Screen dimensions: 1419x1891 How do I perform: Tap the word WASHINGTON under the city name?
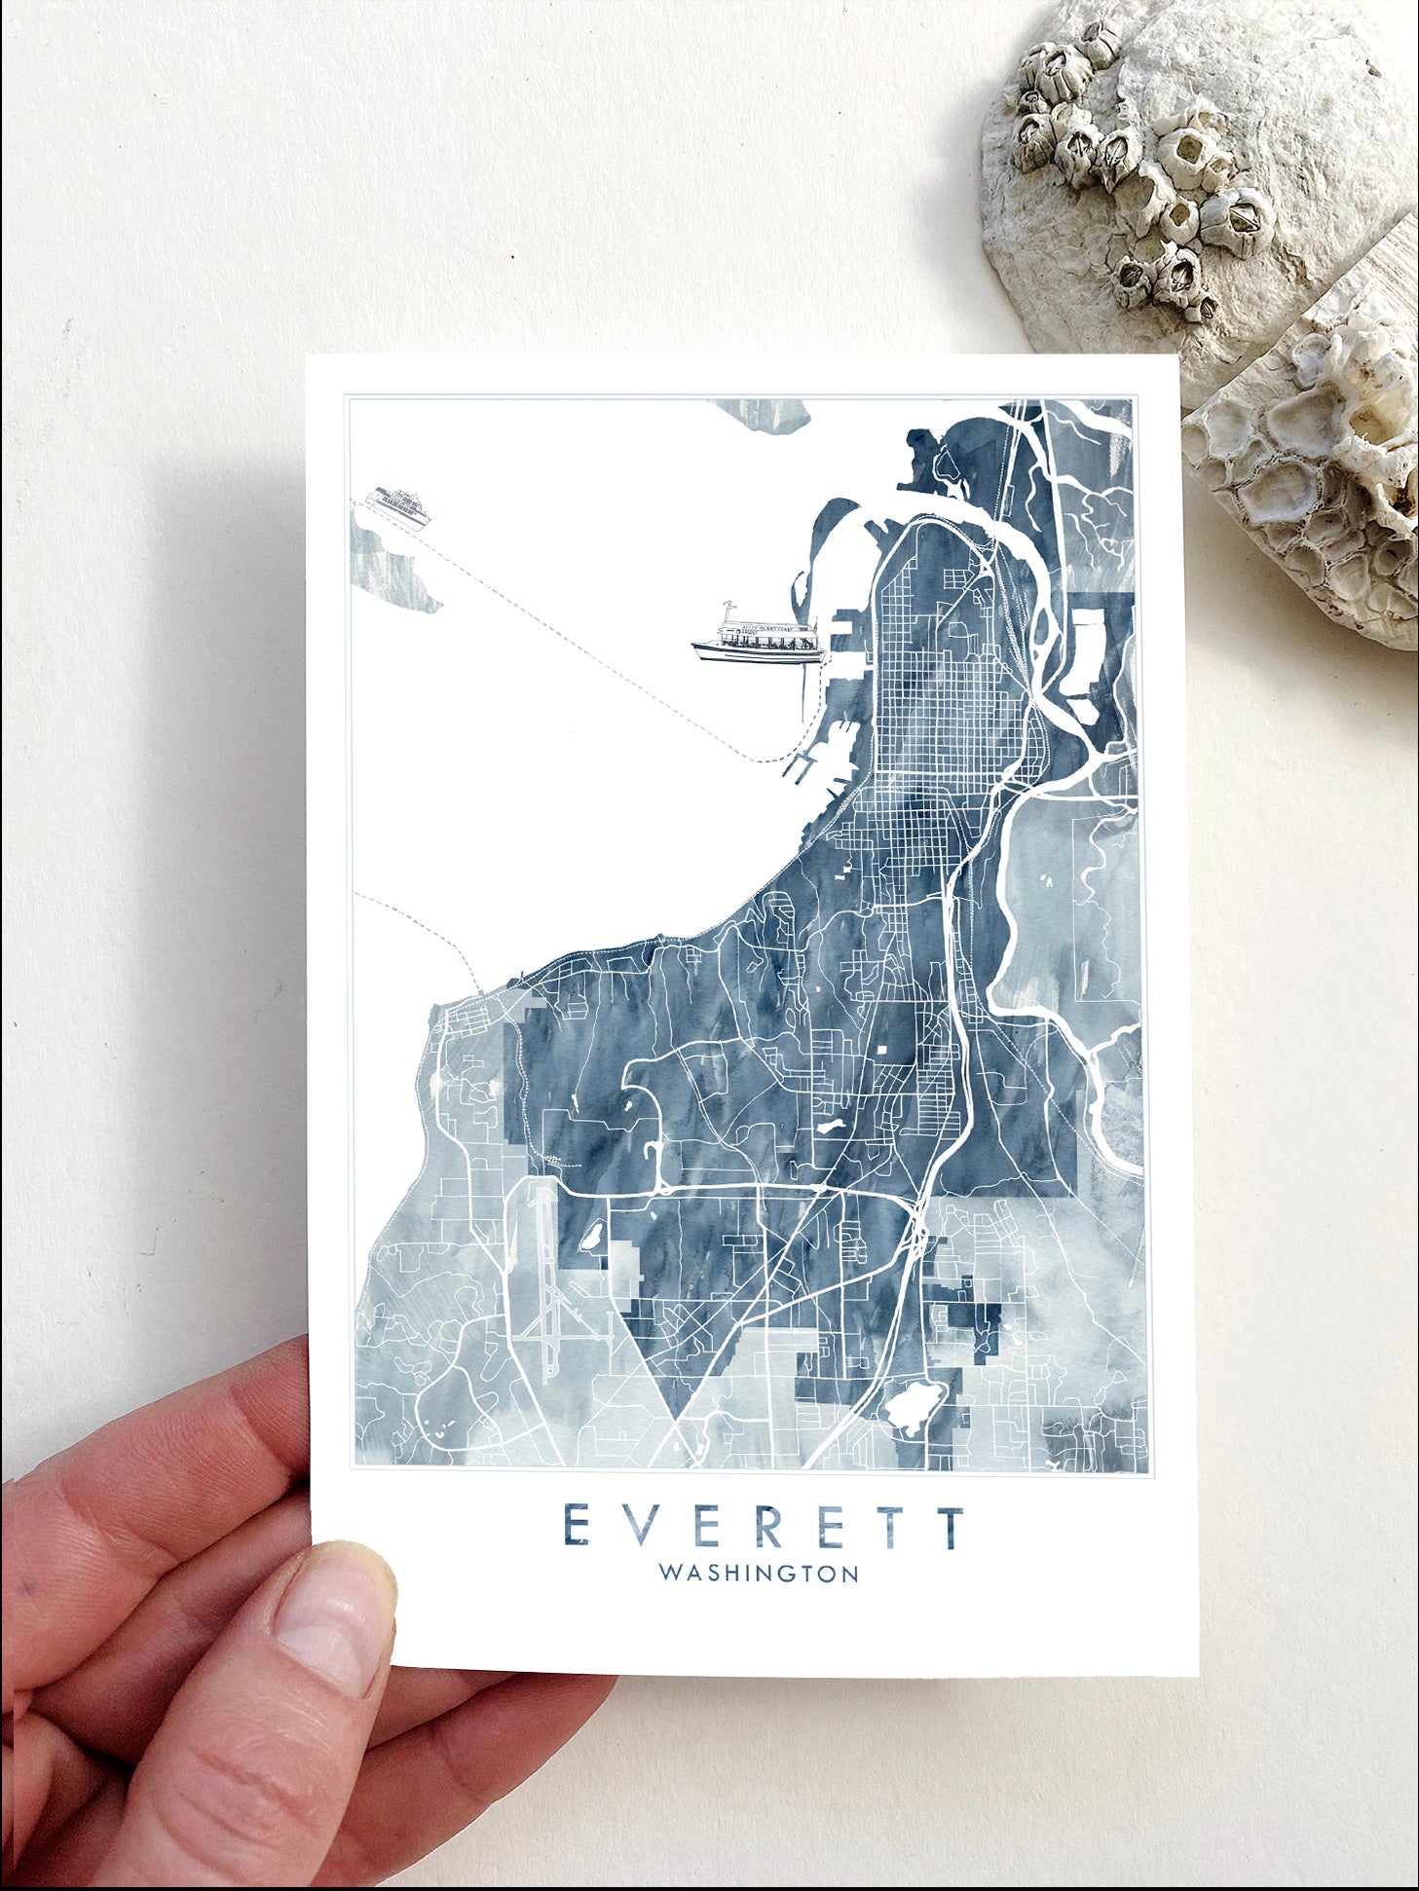759,1600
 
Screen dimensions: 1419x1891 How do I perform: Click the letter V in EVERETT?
641,1527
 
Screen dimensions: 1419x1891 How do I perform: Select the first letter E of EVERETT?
577,1527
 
